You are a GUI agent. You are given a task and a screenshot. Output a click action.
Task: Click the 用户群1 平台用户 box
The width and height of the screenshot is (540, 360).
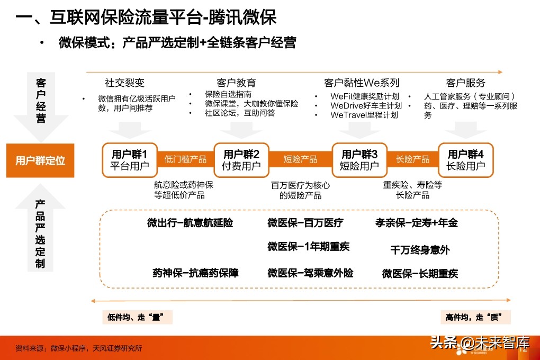[x=130, y=159]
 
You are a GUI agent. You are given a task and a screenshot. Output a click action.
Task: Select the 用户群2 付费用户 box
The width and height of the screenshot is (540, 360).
[x=241, y=159]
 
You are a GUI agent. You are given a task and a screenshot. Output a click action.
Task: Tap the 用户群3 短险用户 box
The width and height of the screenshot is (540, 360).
[x=359, y=159]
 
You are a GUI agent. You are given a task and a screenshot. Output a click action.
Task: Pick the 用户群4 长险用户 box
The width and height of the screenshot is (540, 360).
[x=466, y=159]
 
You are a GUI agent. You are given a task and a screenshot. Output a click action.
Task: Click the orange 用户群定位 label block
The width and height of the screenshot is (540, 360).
[x=40, y=160]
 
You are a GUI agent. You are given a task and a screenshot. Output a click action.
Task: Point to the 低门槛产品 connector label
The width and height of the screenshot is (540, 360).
[x=185, y=159]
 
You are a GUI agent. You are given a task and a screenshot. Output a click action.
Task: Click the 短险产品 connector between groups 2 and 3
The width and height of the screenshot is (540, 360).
[x=300, y=159]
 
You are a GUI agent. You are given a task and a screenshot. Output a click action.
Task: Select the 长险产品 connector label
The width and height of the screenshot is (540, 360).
[x=412, y=159]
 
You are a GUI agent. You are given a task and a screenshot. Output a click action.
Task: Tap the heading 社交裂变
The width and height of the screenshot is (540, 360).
[x=124, y=83]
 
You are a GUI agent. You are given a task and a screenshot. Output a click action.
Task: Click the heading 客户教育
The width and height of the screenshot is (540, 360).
[x=236, y=83]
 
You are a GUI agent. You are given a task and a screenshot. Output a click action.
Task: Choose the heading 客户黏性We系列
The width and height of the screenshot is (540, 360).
[x=362, y=83]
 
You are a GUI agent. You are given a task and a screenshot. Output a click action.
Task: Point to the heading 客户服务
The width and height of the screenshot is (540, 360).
[x=465, y=83]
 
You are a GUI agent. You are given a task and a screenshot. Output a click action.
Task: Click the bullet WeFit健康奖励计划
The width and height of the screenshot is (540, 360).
[x=364, y=96]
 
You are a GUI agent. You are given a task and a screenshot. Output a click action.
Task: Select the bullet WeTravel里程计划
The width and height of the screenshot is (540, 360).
[x=364, y=114]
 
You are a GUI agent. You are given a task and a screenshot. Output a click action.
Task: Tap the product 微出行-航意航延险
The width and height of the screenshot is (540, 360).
[x=190, y=223]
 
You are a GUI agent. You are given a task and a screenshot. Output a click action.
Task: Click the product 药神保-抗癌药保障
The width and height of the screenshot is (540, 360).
[x=195, y=273]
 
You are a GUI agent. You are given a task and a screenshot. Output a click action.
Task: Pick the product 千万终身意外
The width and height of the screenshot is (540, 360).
[x=420, y=249]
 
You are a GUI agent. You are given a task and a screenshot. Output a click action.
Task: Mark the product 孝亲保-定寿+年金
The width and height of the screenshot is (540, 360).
[x=416, y=223]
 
